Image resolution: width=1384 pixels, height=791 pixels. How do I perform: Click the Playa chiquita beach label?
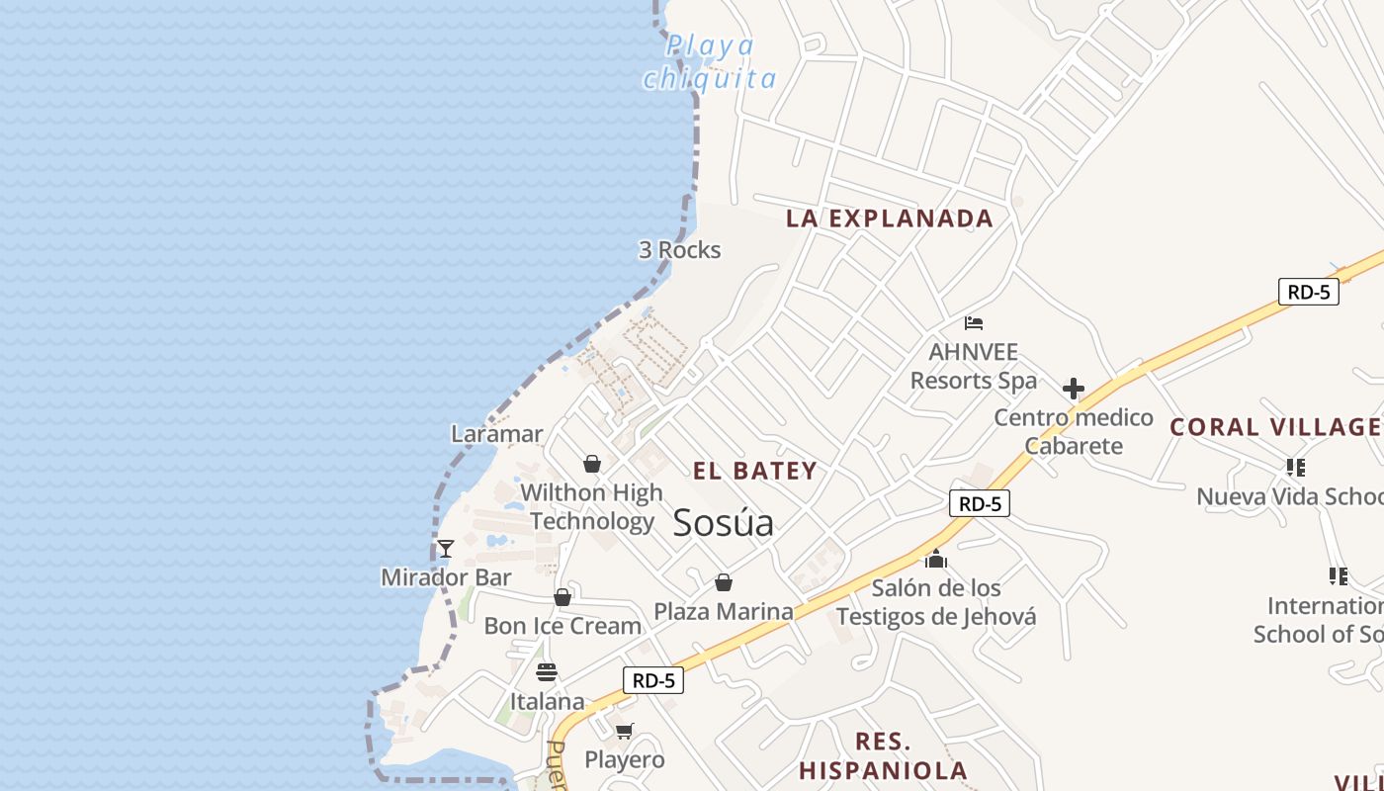click(x=709, y=61)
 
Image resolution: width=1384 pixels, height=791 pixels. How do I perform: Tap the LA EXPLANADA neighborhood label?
click(x=889, y=219)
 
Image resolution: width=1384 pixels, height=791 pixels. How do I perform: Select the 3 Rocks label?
click(x=679, y=250)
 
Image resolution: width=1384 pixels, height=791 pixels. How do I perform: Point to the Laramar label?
click(x=496, y=433)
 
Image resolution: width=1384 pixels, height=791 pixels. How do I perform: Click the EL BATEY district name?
click(x=754, y=471)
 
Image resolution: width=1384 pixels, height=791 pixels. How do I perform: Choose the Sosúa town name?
click(x=723, y=522)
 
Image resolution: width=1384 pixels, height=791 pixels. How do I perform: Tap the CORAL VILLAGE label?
click(x=1275, y=427)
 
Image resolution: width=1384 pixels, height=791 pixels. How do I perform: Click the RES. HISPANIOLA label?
click(x=883, y=755)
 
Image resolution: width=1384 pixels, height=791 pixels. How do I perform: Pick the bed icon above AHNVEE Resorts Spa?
click(x=974, y=322)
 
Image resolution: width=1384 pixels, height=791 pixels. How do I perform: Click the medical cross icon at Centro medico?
click(x=1074, y=389)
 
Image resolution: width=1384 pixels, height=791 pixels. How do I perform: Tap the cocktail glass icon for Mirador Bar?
click(x=446, y=548)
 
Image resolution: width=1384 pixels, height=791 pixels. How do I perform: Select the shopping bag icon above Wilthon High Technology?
click(x=592, y=463)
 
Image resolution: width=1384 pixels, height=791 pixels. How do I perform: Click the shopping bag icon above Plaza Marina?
click(x=724, y=582)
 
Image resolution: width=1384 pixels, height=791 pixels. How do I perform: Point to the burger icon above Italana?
click(x=547, y=672)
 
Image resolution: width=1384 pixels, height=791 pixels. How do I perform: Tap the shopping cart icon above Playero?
click(x=624, y=731)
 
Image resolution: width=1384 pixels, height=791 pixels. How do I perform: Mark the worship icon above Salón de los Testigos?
click(x=936, y=560)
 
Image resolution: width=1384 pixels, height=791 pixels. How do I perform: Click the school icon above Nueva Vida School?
click(x=1296, y=467)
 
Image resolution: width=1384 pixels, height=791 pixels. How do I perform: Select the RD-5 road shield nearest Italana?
click(x=653, y=680)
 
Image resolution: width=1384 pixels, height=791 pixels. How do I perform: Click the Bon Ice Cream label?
click(x=562, y=626)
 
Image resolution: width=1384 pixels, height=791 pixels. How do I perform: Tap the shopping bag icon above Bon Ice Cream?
click(x=562, y=597)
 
